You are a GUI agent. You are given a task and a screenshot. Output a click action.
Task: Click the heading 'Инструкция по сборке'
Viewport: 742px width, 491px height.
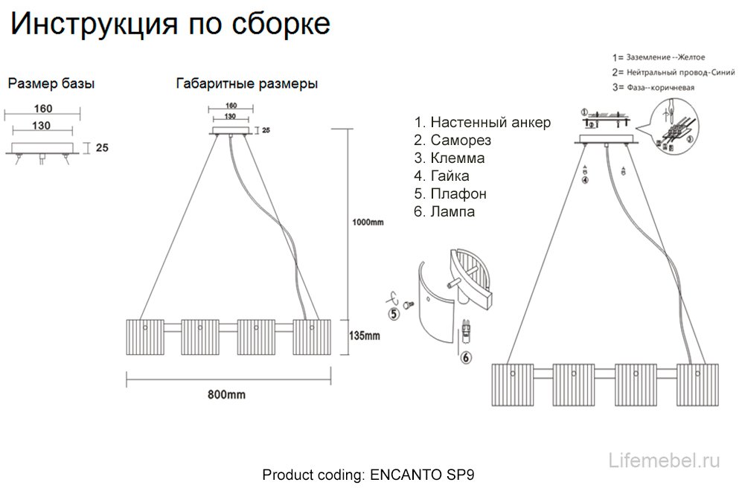tap(170, 25)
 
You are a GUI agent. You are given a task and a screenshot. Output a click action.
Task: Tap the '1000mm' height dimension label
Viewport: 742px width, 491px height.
tap(368, 222)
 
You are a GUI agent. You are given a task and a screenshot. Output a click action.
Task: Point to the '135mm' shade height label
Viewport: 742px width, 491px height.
tap(364, 336)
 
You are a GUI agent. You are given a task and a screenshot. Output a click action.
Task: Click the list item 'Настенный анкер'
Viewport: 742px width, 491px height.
tap(482, 123)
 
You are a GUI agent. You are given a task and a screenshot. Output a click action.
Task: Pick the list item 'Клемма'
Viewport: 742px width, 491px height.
tap(450, 158)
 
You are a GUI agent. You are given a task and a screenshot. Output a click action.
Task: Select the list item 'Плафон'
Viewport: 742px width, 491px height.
tap(451, 194)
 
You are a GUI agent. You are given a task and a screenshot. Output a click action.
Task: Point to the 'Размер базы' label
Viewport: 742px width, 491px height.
tap(51, 84)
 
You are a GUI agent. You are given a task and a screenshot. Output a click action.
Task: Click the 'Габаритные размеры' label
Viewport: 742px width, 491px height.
tap(247, 84)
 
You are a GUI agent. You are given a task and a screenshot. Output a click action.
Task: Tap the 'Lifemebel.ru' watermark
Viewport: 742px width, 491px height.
tap(665, 460)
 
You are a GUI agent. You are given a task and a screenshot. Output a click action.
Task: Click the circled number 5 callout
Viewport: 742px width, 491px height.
tap(394, 314)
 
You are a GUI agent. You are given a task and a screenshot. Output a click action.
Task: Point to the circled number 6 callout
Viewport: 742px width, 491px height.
tap(467, 358)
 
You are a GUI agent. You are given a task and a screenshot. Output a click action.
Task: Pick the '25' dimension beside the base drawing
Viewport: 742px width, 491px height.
tap(103, 148)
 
